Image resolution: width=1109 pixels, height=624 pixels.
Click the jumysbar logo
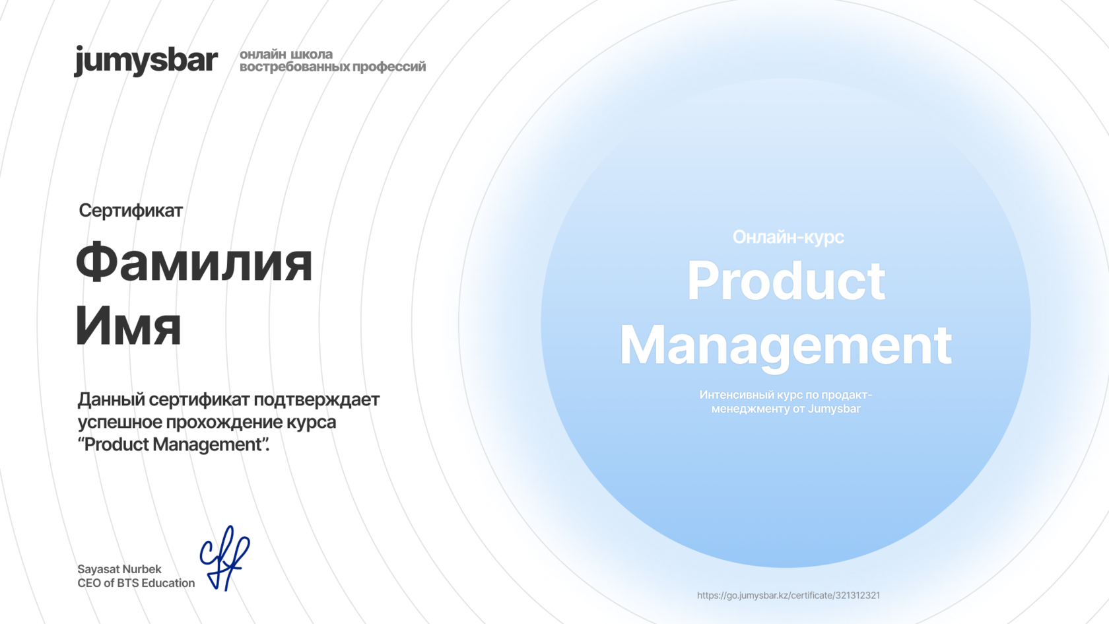tap(146, 61)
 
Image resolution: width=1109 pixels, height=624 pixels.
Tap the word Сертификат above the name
tap(131, 211)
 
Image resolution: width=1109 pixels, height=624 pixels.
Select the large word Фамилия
tap(194, 263)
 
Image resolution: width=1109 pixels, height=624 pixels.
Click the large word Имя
tap(128, 326)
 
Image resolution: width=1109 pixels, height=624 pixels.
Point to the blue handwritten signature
tap(224, 558)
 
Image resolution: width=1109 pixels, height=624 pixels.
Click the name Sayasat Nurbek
tap(119, 569)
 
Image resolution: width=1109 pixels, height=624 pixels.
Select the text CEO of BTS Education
tap(136, 583)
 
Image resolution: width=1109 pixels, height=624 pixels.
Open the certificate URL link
tap(788, 596)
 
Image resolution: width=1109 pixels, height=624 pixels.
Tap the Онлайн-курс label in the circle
tap(788, 237)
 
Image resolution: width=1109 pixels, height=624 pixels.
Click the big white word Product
tap(786, 281)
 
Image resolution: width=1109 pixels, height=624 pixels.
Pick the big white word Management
tap(786, 345)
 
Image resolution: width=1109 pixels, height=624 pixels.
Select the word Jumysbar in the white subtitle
tap(834, 409)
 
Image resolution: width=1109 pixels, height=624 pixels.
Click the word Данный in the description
tap(111, 400)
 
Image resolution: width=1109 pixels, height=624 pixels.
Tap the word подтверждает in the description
tap(317, 400)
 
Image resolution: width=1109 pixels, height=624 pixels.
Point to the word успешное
tap(119, 422)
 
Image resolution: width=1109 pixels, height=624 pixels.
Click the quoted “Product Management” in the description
tap(173, 444)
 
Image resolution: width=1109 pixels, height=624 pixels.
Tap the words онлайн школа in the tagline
tap(286, 54)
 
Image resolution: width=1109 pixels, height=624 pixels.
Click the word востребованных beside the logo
tap(294, 67)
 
